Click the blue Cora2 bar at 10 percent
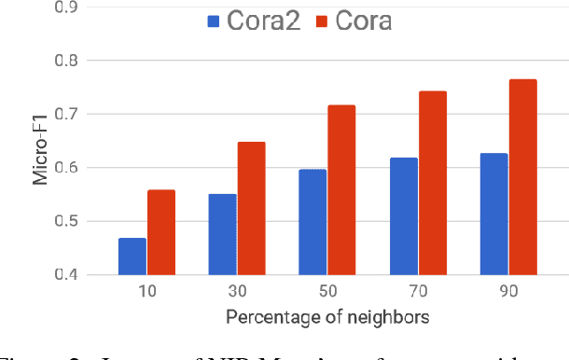click(x=132, y=256)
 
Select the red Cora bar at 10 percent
click(x=160, y=232)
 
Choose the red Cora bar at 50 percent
click(x=340, y=190)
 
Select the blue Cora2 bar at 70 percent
click(x=402, y=216)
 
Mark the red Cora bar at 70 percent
click(x=432, y=183)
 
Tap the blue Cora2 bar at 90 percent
click(x=493, y=214)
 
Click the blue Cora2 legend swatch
click(x=215, y=21)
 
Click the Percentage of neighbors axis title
click(x=326, y=317)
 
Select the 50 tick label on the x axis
click(x=326, y=292)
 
